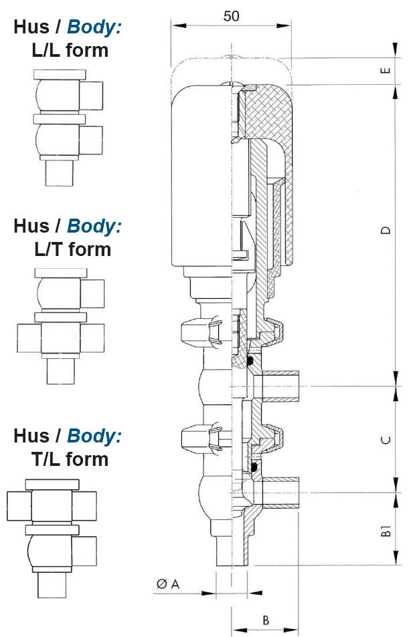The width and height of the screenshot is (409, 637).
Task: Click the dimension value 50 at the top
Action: (231, 16)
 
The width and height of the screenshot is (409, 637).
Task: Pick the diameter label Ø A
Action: (168, 584)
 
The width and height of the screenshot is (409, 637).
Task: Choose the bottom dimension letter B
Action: (266, 620)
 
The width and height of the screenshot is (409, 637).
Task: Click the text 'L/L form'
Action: (70, 49)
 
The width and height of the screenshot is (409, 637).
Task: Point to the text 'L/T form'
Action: (72, 249)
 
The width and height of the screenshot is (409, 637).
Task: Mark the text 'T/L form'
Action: (70, 459)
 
